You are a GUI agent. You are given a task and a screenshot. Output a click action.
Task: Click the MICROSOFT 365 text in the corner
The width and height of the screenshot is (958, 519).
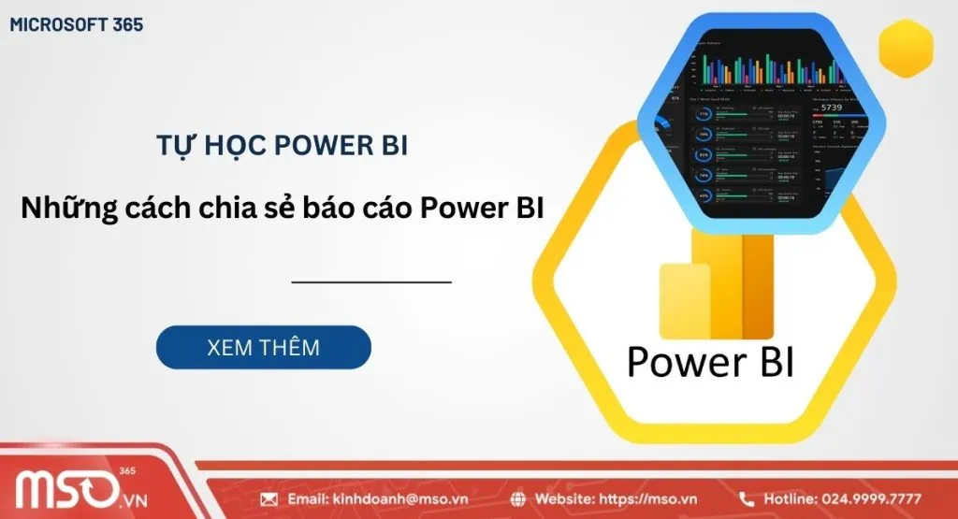77,25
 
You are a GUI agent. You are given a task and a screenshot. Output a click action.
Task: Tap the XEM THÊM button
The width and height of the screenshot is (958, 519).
263,348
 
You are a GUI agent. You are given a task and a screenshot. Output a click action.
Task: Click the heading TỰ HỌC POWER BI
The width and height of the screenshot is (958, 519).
281,146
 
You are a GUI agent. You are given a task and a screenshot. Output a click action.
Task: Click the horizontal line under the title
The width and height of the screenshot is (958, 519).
371,281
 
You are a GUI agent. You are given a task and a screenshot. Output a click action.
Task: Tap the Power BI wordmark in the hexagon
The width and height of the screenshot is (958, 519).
710,361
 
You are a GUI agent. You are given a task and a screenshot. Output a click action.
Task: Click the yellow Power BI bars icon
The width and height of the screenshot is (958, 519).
716,285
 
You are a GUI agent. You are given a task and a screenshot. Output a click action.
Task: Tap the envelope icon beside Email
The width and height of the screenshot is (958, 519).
269,499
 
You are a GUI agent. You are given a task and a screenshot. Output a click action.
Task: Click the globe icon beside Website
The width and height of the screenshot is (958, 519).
520,499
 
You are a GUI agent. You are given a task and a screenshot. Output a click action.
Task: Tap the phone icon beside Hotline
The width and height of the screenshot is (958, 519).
748,499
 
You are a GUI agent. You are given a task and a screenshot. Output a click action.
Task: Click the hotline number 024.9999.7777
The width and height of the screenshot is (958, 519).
871,499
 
